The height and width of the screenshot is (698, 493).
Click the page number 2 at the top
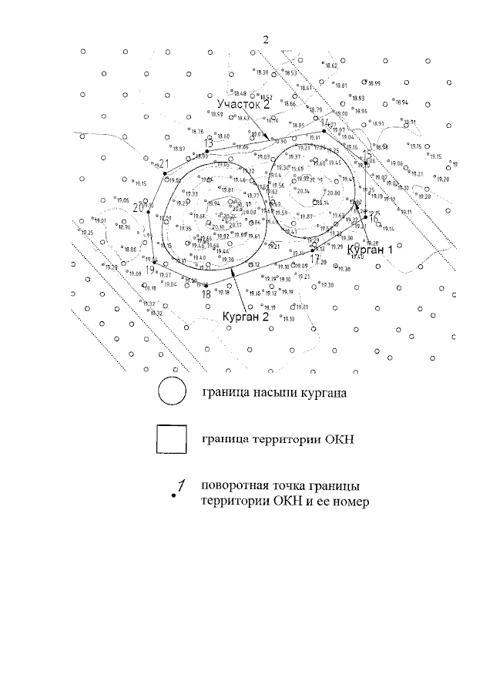pos(266,39)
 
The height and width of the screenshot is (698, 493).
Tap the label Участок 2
pos(243,103)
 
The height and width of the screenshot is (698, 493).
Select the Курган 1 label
pos(370,250)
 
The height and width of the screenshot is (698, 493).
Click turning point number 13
pos(208,151)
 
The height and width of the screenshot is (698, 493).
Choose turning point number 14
pos(325,131)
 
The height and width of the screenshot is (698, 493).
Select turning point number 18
pos(206,285)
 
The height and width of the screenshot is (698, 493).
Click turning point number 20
pos(149,209)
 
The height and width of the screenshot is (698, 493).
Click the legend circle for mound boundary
pos(172,391)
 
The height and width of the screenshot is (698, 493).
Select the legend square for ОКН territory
pos(171,441)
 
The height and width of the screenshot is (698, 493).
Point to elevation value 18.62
pos(332,67)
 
